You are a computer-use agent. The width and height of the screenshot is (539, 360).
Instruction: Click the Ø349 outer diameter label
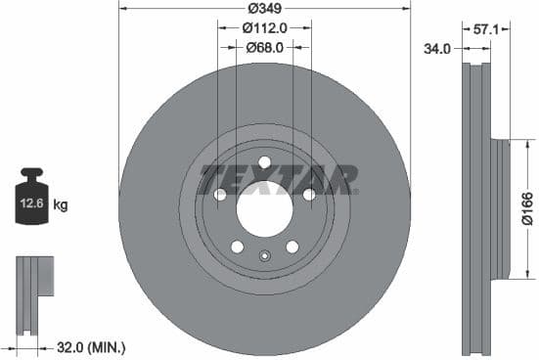click(x=264, y=8)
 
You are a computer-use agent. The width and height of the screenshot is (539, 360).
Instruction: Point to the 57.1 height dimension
click(x=486, y=30)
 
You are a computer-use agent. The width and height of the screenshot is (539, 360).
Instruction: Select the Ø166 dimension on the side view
click(x=526, y=208)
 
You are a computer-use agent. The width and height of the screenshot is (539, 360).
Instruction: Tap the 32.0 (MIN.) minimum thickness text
click(x=90, y=346)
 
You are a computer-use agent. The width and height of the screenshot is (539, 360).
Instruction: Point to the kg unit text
click(x=61, y=205)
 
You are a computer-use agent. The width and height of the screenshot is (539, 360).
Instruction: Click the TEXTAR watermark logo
click(x=280, y=180)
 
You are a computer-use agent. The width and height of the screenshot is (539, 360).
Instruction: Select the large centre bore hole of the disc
click(x=264, y=208)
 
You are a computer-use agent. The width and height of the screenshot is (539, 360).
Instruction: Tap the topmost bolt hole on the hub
click(x=264, y=162)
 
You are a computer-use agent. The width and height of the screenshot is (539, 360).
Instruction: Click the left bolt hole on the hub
click(x=220, y=195)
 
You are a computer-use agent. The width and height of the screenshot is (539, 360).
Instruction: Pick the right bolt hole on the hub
click(x=308, y=195)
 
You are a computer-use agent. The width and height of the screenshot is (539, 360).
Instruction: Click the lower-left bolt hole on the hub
click(x=237, y=246)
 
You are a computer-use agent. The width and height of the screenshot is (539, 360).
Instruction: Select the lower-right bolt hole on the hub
click(x=292, y=246)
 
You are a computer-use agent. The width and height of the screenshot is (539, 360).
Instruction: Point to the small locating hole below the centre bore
click(x=264, y=257)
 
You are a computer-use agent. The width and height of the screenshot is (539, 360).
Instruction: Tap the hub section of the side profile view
click(x=501, y=208)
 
